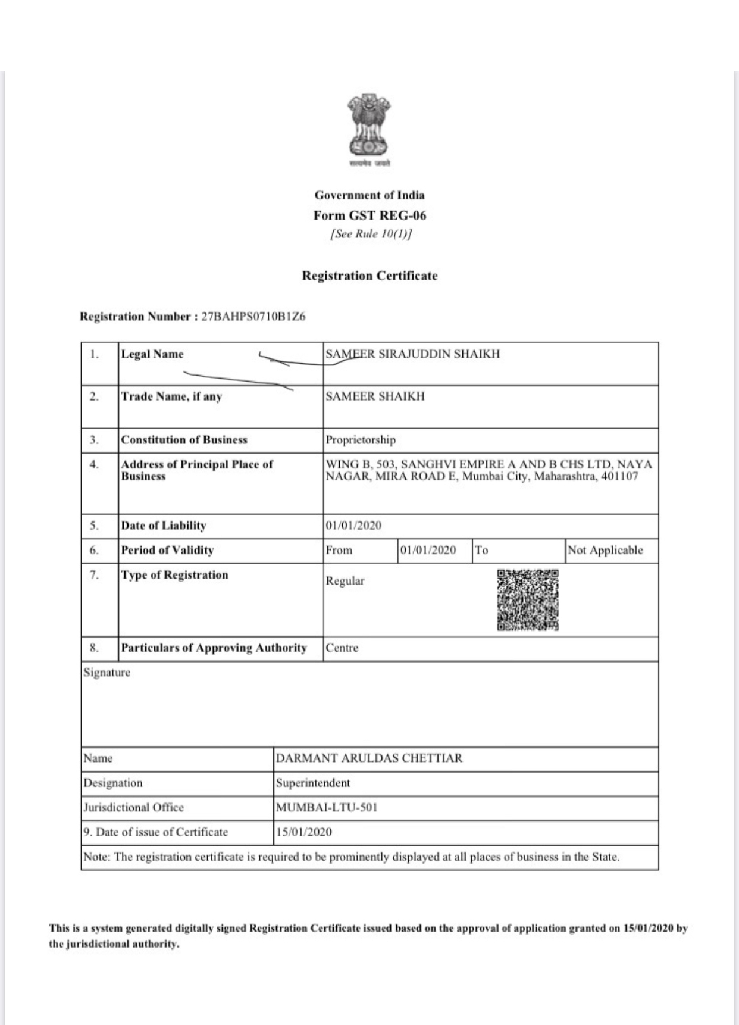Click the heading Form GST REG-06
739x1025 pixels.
(x=369, y=215)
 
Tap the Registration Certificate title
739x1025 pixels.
(x=369, y=276)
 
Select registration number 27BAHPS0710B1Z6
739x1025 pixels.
(x=253, y=317)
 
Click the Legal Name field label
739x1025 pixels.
(x=152, y=354)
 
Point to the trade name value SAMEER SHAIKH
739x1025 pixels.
(x=375, y=396)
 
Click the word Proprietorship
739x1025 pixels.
(x=360, y=440)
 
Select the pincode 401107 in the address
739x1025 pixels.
(x=619, y=476)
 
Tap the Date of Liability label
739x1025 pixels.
(x=164, y=526)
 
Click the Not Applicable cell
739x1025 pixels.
(x=605, y=550)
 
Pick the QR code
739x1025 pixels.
(x=528, y=600)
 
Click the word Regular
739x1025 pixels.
(x=345, y=581)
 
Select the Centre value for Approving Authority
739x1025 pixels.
(x=342, y=648)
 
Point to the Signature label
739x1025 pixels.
(x=107, y=673)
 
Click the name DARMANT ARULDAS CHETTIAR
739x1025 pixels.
(x=369, y=758)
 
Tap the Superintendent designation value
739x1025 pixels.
(x=312, y=783)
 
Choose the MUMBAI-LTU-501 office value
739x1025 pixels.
(x=327, y=808)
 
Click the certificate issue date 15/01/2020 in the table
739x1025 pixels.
(x=303, y=832)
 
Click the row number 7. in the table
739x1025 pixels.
(x=94, y=575)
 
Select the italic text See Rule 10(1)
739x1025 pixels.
(x=371, y=234)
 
